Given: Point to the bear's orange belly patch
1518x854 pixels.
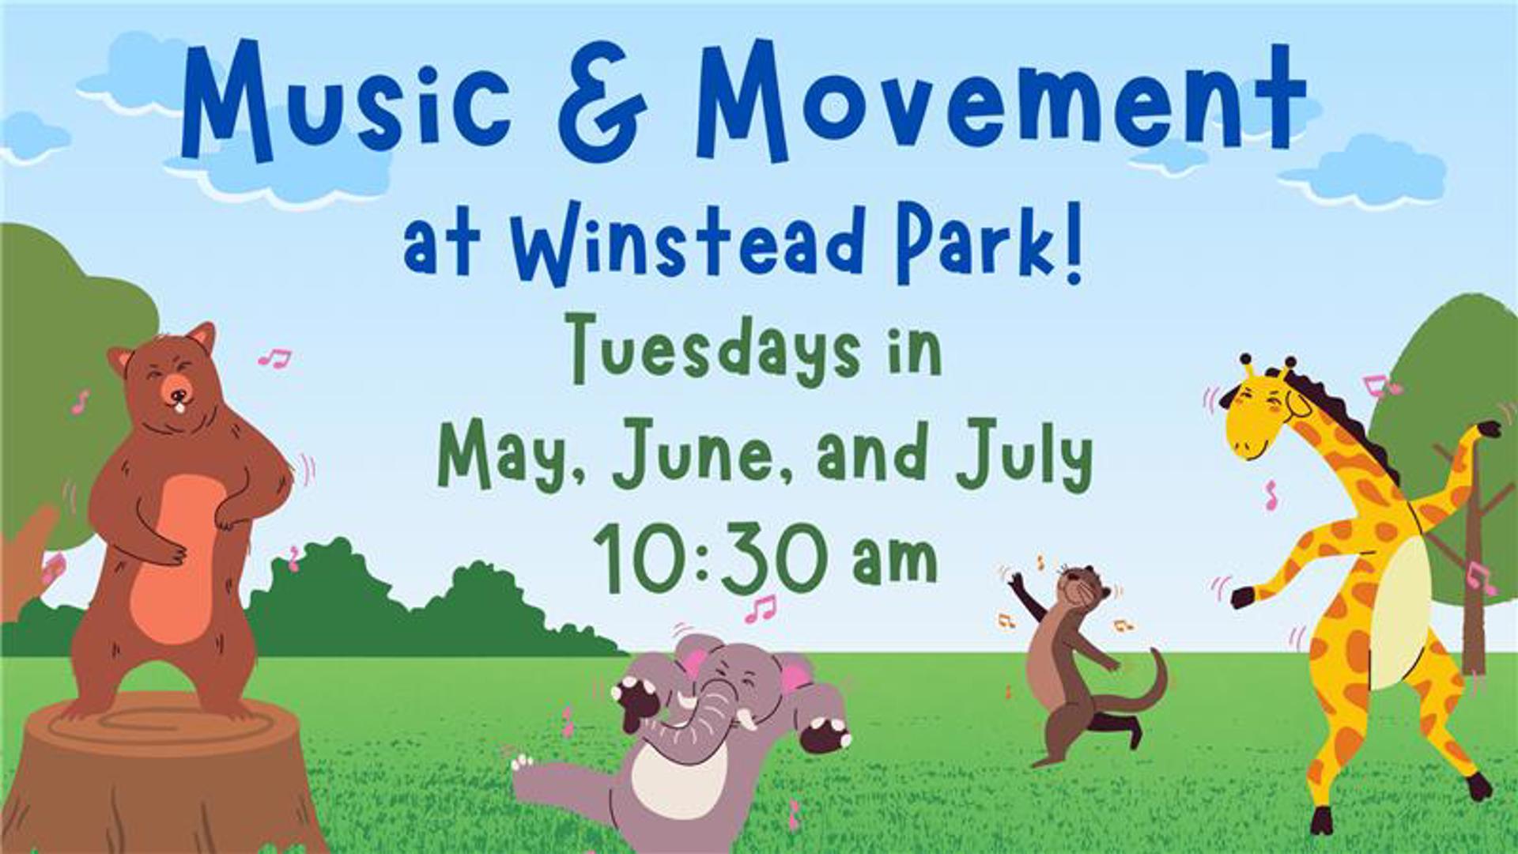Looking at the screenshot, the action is coord(176,558).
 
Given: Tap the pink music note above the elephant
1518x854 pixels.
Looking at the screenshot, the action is coord(761,608).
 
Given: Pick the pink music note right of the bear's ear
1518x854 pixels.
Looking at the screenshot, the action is coord(275,358).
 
